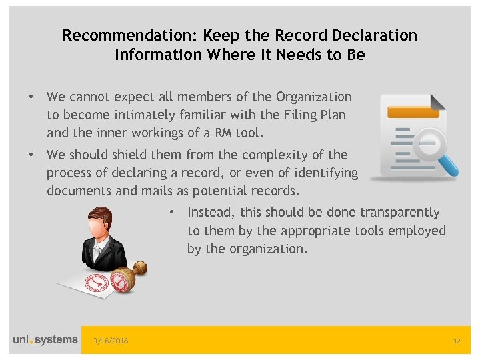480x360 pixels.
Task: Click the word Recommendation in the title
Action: pos(116,35)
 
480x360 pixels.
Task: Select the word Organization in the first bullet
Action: pos(314,97)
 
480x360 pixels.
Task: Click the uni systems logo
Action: pos(45,340)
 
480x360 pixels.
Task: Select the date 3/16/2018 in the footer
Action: pos(111,341)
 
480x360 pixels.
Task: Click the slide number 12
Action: pos(457,341)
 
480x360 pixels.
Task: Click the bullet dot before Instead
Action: pos(172,213)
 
